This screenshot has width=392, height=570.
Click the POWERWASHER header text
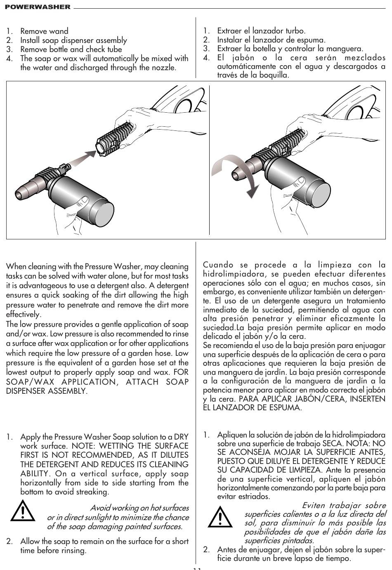click(38, 7)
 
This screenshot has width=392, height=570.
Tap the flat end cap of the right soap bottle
click(323, 195)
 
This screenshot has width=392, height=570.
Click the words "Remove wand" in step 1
click(44, 31)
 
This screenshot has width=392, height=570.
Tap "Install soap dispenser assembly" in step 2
click(73, 40)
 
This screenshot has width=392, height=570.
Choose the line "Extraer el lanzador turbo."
click(261, 31)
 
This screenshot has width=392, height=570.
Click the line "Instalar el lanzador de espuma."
click(271, 40)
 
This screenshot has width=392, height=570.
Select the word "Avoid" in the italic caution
click(99, 508)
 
